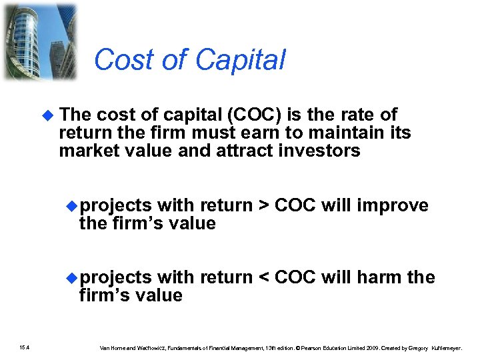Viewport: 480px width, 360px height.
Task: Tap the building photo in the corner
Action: pyautogui.click(x=39, y=41)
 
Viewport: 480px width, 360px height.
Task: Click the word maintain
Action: pyautogui.click(x=351, y=133)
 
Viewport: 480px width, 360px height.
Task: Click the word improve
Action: pyautogui.click(x=393, y=205)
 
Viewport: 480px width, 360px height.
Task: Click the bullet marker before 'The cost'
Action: pyautogui.click(x=47, y=115)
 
